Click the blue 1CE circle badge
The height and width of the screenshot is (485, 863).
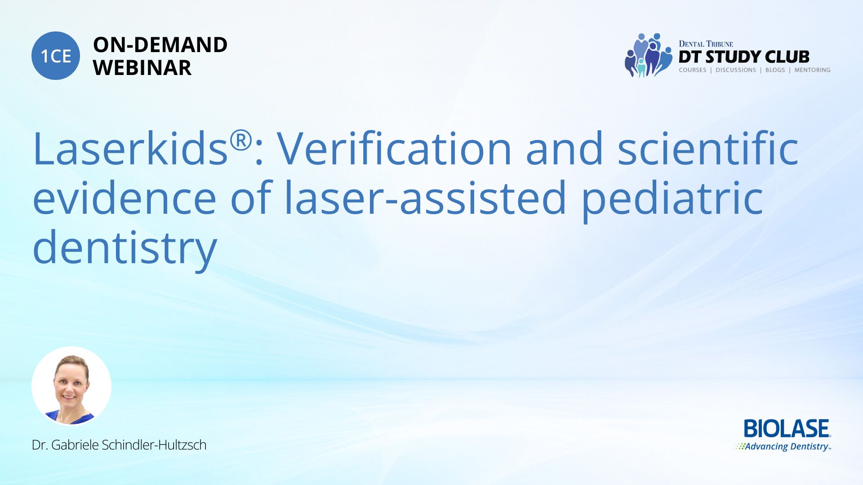[56, 56]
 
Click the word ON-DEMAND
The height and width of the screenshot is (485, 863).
[160, 45]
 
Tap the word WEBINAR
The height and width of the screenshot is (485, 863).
[142, 68]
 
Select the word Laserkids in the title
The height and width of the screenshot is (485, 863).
[130, 148]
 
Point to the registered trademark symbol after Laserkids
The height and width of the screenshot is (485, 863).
[241, 141]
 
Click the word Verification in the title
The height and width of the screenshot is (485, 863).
[394, 148]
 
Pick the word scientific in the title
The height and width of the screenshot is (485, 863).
[708, 148]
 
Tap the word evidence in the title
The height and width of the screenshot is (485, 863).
[125, 198]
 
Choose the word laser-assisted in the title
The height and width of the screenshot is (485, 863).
[425, 198]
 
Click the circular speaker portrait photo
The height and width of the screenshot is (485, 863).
[71, 386]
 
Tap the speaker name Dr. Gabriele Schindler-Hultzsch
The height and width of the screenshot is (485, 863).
[119, 445]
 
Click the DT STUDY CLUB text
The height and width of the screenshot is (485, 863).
[744, 57]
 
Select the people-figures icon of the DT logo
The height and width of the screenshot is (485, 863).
[648, 55]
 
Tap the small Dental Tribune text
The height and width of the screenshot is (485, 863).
[706, 44]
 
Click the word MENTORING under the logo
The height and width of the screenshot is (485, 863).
[812, 70]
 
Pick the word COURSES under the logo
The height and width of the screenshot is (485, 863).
[693, 70]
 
